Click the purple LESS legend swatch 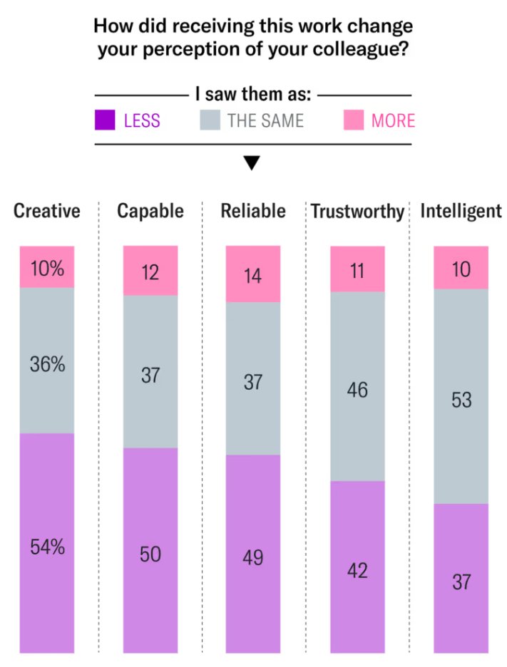tap(104, 120)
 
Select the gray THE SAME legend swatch tap(210, 120)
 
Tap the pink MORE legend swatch tap(354, 120)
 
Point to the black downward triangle tap(252, 163)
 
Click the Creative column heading tap(47, 211)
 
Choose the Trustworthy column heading tap(357, 212)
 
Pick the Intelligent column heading tap(461, 212)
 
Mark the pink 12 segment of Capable tap(150, 271)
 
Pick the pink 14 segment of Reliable tap(253, 274)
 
